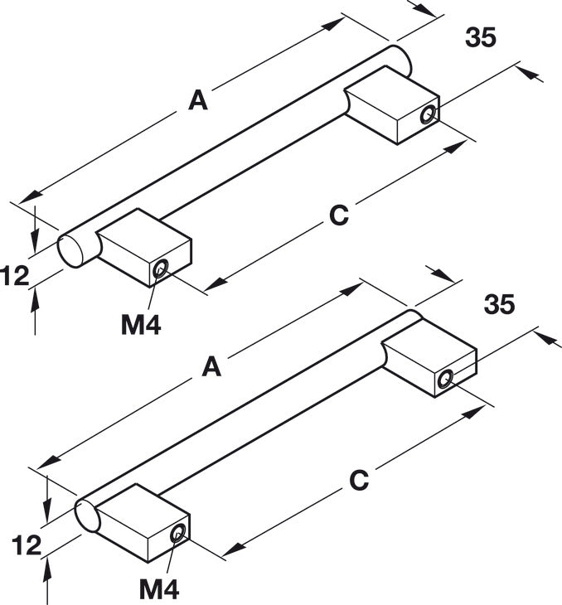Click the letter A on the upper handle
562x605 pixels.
pos(198,100)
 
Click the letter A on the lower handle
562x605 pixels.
pos(211,366)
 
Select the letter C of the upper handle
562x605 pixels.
pos(339,215)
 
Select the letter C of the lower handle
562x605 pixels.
pos(359,481)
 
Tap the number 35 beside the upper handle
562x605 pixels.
pos(481,37)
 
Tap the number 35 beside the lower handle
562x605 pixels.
pos(500,303)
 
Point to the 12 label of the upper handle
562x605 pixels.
pos(15,276)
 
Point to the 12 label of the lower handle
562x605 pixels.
pos(27,545)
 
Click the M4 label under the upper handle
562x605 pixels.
pos(141,325)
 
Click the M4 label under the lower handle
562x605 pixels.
pos(159,589)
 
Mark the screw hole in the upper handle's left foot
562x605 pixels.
pos(160,269)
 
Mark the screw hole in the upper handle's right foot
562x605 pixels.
pos(428,115)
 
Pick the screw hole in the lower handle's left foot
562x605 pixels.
pos(178,533)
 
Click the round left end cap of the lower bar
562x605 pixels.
pos(88,516)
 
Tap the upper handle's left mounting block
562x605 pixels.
pos(145,248)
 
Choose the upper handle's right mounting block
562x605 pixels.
pos(393,105)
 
